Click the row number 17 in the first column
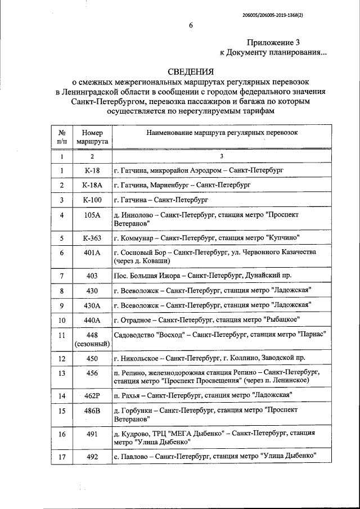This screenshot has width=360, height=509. coord(62,457)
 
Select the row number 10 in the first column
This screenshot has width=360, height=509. coord(62,320)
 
